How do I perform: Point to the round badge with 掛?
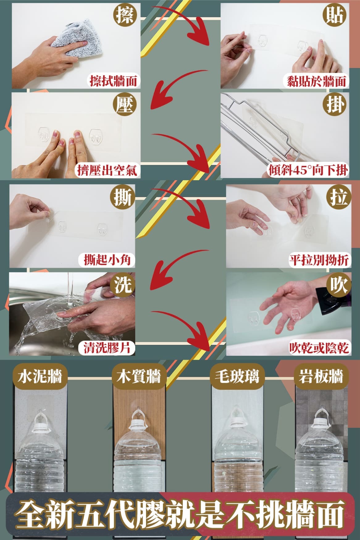pos(336,104)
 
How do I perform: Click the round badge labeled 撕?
pos(123,196)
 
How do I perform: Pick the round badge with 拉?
pos(339,196)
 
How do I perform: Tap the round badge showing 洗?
pos(123,285)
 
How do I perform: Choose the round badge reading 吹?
pos(339,285)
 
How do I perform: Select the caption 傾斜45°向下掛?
pos(308,170)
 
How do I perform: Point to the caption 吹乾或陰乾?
pos(319,348)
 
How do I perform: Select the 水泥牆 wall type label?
pos(40,376)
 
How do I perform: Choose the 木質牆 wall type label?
pos(139,376)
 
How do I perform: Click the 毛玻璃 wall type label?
pos(238,376)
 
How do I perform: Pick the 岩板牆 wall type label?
pos(321,376)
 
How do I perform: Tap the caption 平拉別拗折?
pos(319,260)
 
